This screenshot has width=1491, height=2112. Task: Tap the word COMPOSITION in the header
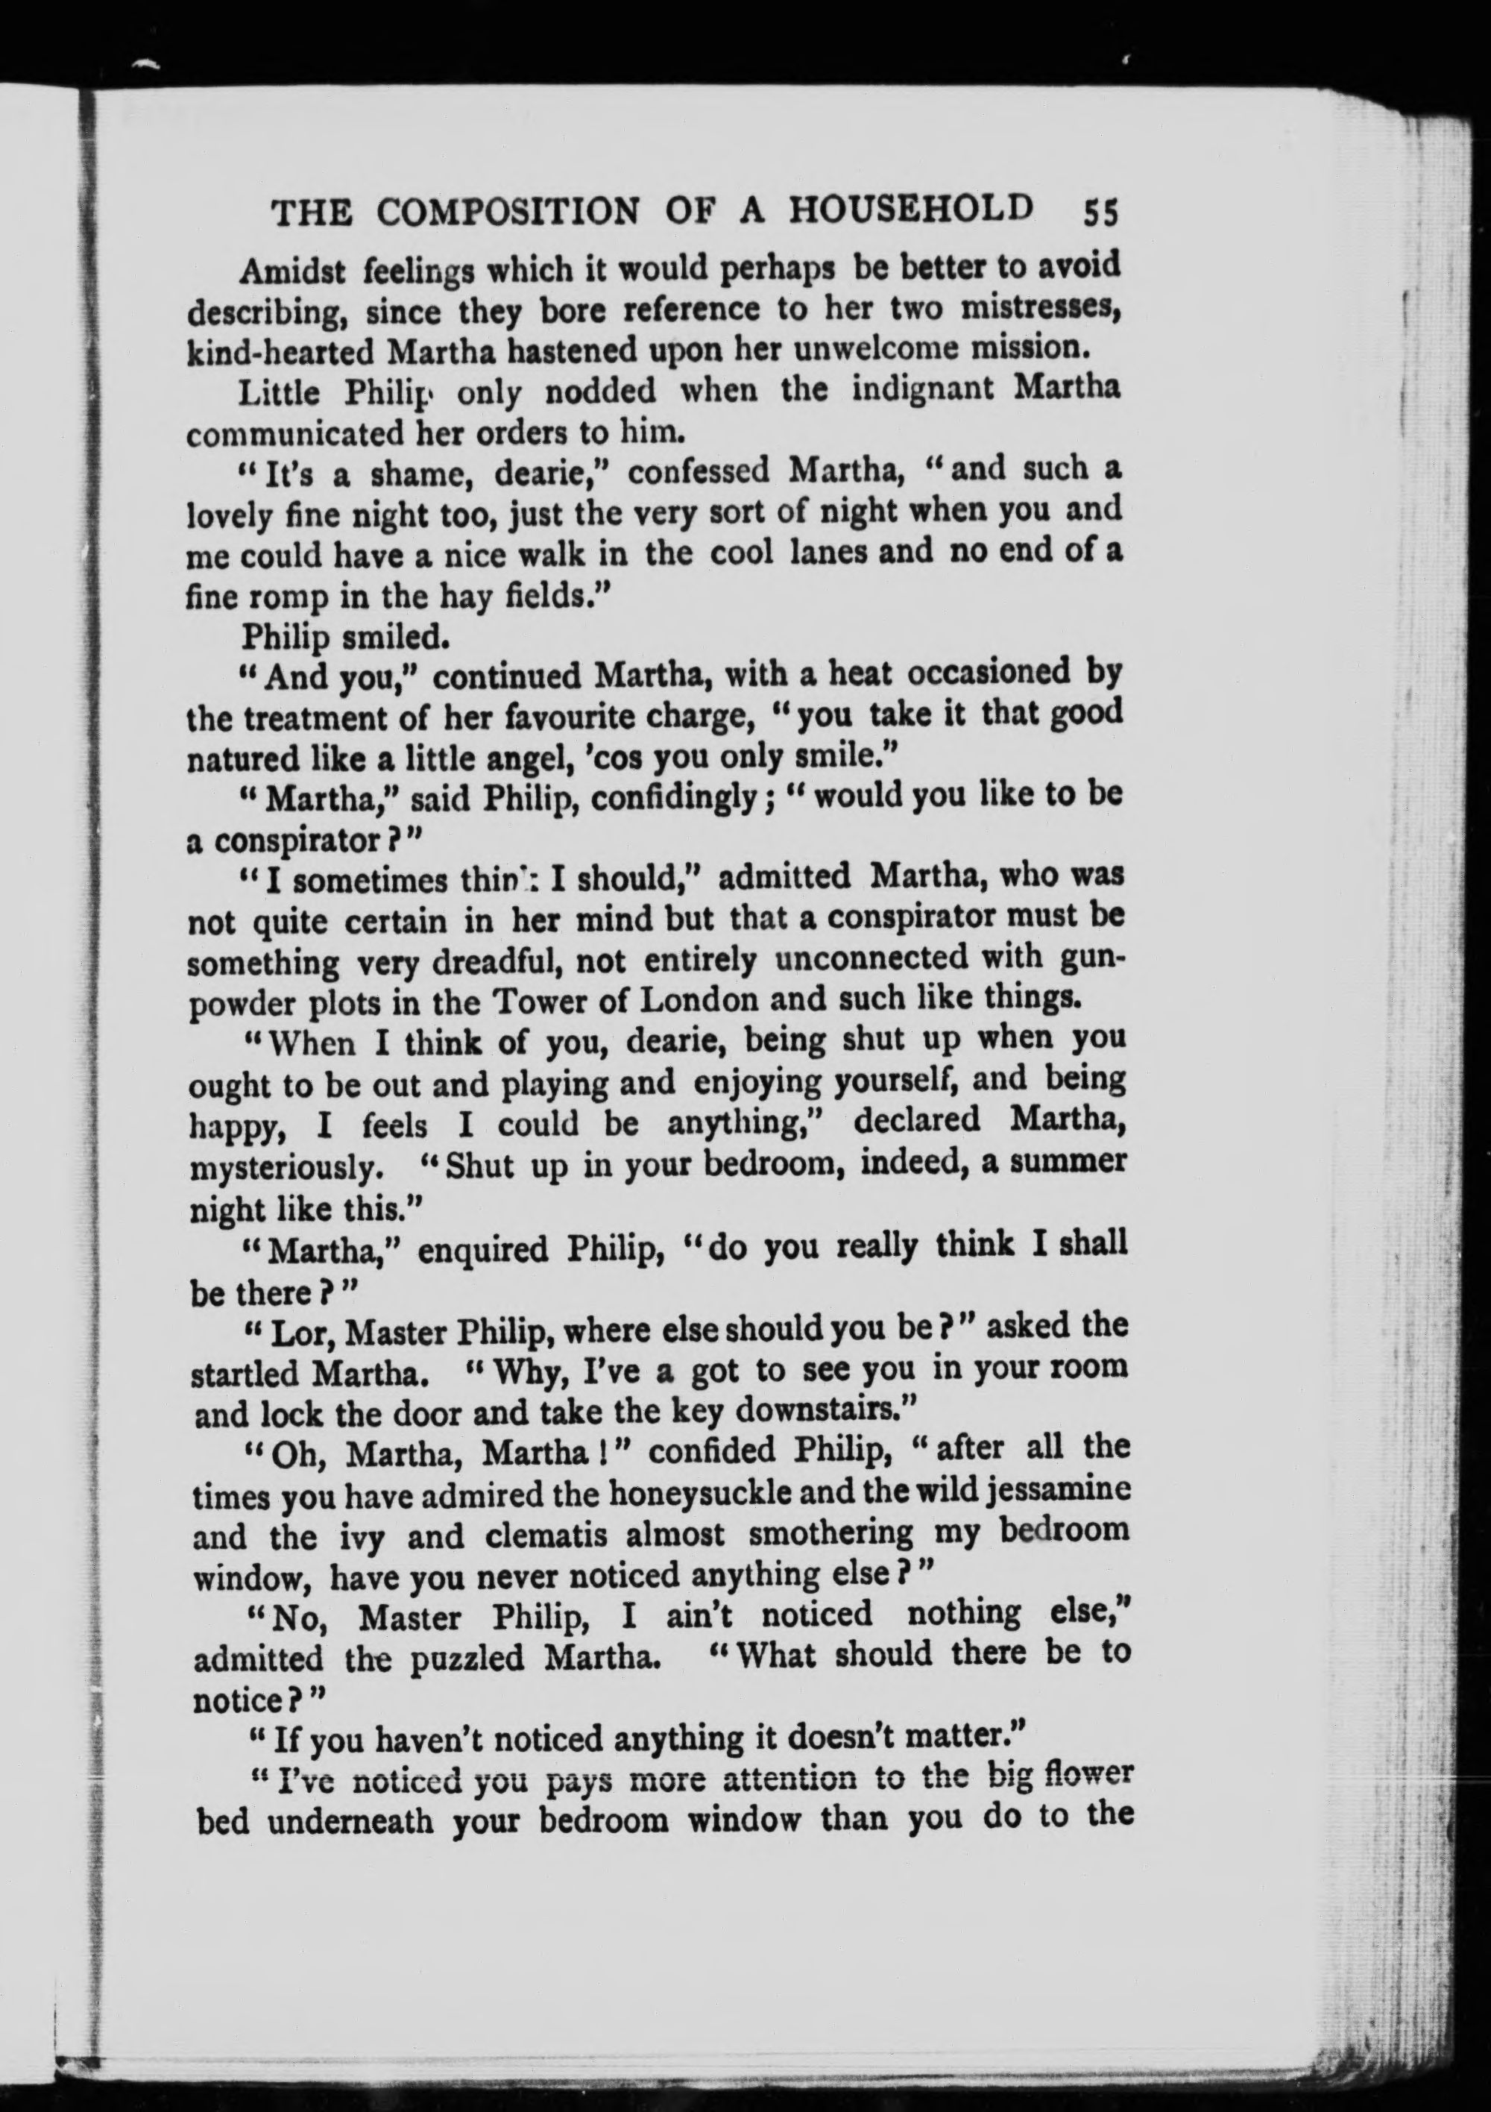[x=508, y=213]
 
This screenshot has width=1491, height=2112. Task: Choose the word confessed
[x=699, y=472]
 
